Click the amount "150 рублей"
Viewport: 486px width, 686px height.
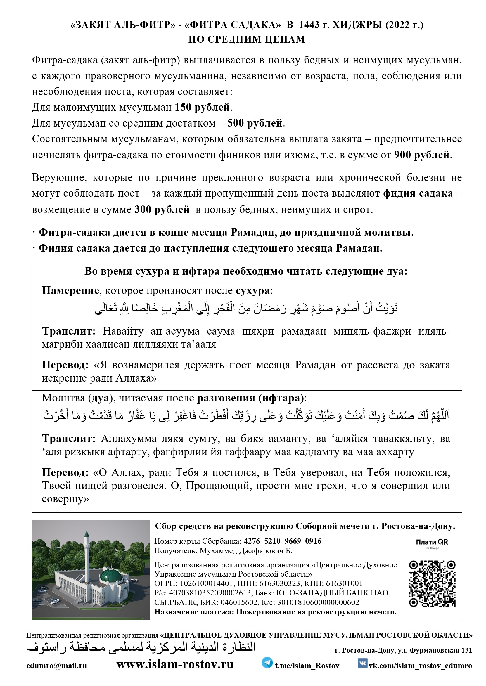tap(202, 107)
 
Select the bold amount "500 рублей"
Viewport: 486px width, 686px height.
tap(255, 123)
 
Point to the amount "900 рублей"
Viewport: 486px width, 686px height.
tap(422, 155)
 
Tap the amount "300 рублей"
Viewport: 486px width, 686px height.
tap(162, 209)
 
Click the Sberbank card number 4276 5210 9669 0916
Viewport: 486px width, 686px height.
tap(283, 541)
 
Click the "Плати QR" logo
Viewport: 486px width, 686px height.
tap(432, 542)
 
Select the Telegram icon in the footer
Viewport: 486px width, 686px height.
tap(267, 663)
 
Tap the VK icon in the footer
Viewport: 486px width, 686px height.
tap(362, 663)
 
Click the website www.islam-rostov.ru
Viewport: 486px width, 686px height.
tap(175, 664)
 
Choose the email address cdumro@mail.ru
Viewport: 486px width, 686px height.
tap(57, 665)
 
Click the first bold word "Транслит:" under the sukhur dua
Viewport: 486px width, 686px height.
tap(68, 331)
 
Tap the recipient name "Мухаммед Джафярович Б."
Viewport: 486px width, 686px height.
tap(246, 551)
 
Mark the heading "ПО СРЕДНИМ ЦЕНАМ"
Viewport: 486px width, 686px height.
tap(247, 39)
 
